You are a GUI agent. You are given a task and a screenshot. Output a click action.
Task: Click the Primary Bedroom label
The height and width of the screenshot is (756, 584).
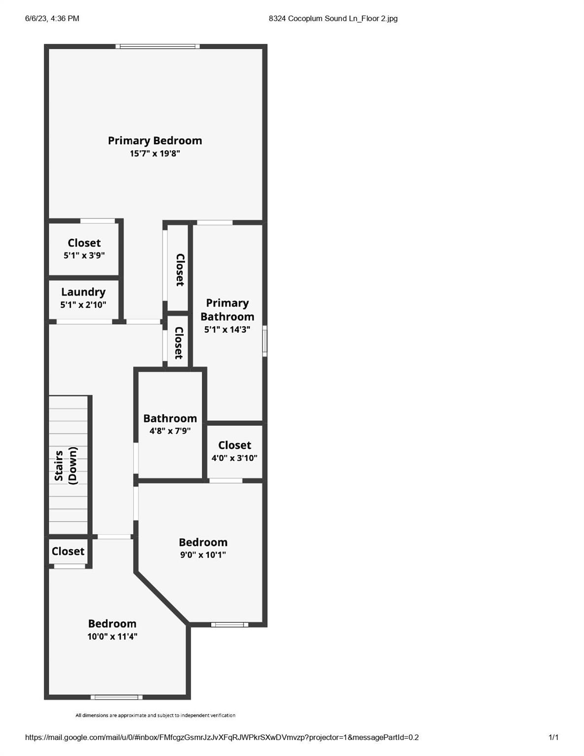tap(155, 141)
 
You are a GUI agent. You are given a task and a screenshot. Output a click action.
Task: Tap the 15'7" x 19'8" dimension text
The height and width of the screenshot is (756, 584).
tap(155, 154)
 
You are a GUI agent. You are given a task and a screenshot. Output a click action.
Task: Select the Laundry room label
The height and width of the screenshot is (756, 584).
tap(83, 292)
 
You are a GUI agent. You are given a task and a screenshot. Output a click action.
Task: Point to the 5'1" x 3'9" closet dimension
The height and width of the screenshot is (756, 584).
tap(84, 255)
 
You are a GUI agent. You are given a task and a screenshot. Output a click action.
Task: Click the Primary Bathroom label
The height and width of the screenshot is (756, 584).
tap(227, 310)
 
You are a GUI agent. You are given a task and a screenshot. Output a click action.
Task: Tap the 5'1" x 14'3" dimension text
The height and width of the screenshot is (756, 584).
tap(227, 329)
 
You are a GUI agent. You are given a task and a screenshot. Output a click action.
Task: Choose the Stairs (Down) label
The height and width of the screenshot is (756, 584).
tap(66, 466)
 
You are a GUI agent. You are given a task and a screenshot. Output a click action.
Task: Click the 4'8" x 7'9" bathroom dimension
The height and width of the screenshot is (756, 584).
tap(170, 431)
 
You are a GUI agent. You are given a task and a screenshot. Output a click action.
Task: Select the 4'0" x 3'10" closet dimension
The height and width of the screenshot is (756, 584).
tap(234, 458)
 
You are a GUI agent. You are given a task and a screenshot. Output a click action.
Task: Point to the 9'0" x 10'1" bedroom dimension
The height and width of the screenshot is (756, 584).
tap(203, 555)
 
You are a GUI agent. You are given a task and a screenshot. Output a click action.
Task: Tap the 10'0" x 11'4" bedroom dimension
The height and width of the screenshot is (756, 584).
tap(112, 637)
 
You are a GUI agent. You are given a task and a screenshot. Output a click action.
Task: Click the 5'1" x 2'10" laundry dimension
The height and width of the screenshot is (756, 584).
tap(83, 305)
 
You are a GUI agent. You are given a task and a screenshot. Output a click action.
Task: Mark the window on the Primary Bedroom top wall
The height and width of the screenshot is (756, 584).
tap(158, 46)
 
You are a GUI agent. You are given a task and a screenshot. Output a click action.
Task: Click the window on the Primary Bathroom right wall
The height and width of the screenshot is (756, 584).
tap(264, 341)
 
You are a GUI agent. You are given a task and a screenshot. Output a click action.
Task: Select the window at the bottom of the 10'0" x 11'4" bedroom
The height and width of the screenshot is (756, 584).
tap(117, 697)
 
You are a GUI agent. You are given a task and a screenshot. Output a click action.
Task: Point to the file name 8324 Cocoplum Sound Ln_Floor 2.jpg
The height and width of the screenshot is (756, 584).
tap(333, 19)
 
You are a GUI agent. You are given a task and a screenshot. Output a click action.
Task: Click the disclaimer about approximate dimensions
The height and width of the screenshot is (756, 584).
tap(156, 715)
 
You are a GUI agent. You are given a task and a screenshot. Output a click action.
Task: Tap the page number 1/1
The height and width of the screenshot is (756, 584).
tap(553, 737)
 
